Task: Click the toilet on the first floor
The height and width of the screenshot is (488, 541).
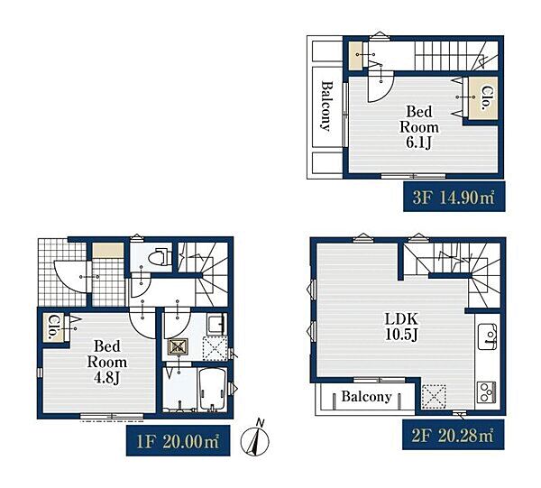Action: click(160, 257)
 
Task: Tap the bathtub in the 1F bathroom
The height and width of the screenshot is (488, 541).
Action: click(213, 390)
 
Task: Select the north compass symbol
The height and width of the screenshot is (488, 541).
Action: click(255, 439)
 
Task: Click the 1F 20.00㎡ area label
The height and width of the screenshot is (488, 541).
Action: click(178, 441)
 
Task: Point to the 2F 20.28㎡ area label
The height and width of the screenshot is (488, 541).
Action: click(454, 435)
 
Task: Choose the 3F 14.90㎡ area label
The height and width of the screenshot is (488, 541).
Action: click(454, 197)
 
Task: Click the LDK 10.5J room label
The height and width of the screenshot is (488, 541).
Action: click(401, 327)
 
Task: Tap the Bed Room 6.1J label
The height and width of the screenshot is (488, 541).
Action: click(419, 127)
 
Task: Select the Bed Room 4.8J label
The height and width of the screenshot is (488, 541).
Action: click(107, 362)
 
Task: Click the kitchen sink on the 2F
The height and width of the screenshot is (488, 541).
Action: click(488, 336)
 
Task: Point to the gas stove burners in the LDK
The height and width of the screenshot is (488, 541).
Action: click(487, 392)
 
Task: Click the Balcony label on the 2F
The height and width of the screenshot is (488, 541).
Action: click(366, 397)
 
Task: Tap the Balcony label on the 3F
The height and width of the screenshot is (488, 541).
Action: click(326, 106)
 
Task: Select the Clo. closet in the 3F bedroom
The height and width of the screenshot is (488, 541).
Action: click(483, 98)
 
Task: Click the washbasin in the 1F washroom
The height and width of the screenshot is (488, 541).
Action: click(217, 323)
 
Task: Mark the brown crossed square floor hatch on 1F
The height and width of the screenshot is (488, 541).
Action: click(178, 347)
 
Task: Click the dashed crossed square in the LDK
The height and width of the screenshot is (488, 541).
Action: click(434, 396)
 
